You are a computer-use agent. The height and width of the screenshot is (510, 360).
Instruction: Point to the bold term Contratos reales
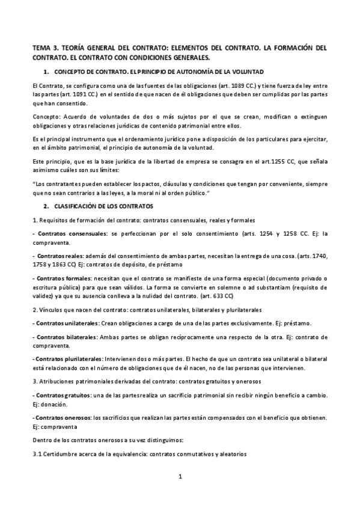pyautogui.click(x=56, y=256)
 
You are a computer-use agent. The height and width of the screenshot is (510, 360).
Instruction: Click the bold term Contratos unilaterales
pyautogui.click(x=61, y=323)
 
